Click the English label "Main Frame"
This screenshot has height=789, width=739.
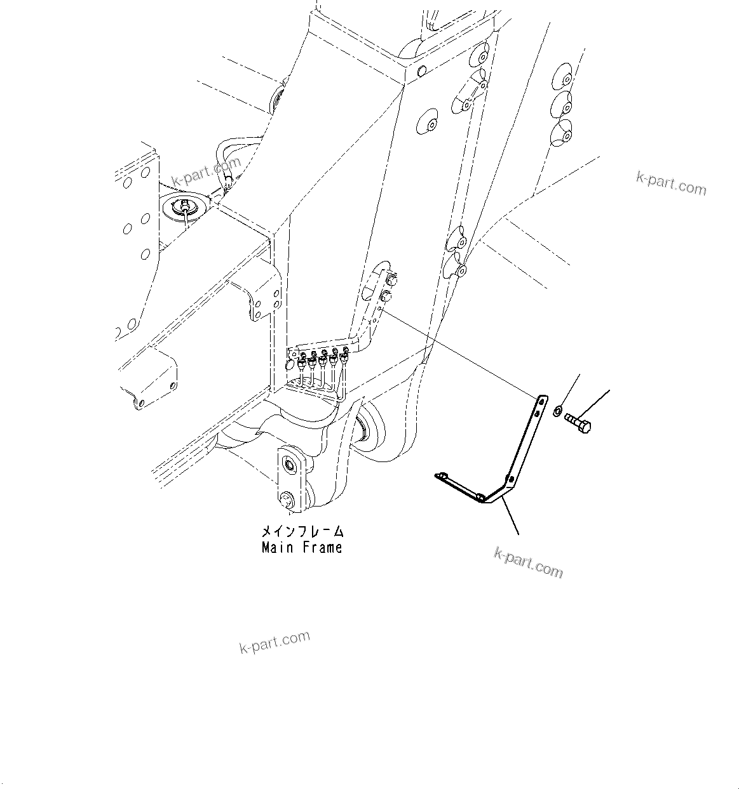[x=302, y=548]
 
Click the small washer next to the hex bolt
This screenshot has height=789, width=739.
[x=557, y=412]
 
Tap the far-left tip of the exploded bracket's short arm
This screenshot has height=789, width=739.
[x=438, y=475]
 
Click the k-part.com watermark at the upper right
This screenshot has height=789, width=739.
[x=670, y=183]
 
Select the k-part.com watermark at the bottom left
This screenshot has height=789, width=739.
[x=275, y=642]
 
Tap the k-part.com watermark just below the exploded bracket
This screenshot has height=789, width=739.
[x=528, y=562]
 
